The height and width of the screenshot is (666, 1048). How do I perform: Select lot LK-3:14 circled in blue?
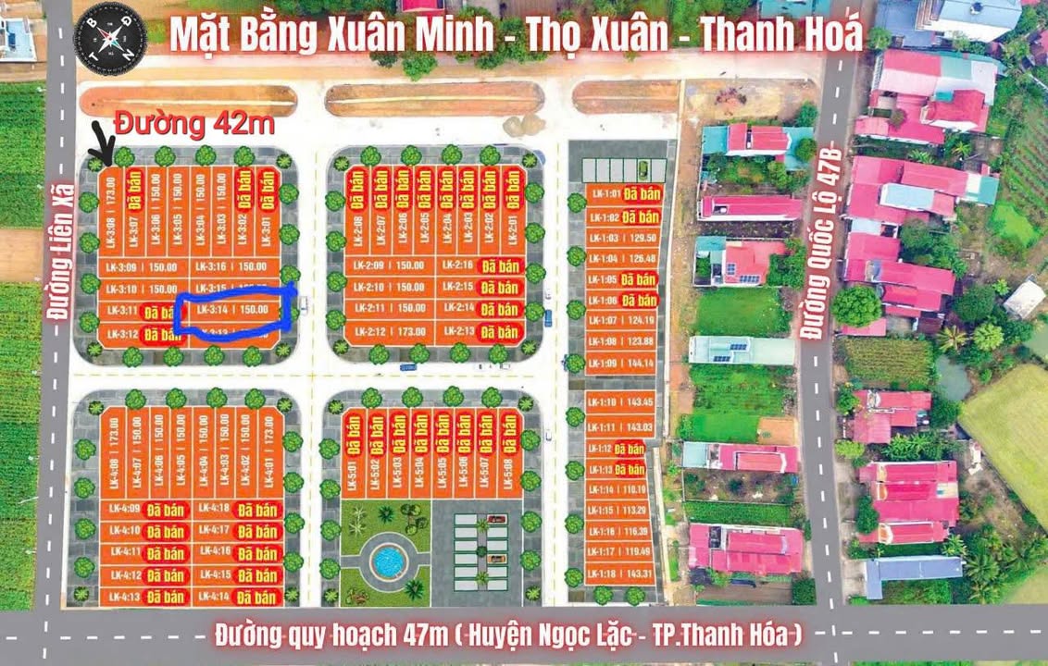[x=236, y=310]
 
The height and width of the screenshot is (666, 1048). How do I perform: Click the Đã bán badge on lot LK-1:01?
[x=640, y=194]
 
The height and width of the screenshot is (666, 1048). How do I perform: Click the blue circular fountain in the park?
[x=388, y=560]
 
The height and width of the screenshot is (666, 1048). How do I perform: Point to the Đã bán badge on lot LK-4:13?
[x=166, y=597]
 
